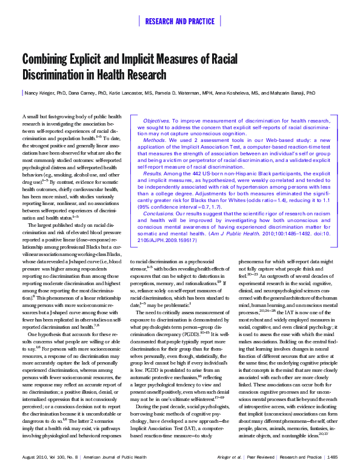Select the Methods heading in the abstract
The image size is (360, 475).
click(154, 139)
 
